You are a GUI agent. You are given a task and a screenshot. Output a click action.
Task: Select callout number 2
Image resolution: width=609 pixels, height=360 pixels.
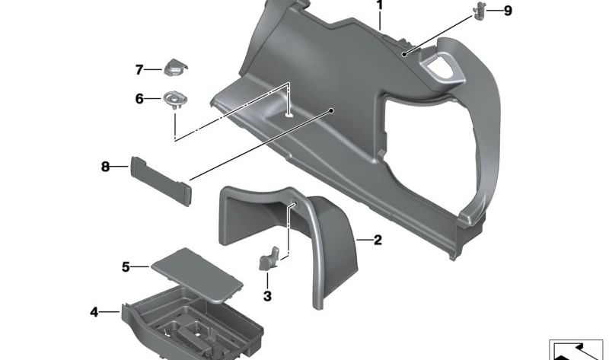(378, 241)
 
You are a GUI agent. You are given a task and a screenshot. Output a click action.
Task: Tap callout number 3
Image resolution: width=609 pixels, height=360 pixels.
(267, 295)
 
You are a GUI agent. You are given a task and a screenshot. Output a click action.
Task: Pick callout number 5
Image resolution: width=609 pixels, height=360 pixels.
(126, 266)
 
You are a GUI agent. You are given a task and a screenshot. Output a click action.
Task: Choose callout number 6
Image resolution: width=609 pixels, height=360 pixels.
(139, 99)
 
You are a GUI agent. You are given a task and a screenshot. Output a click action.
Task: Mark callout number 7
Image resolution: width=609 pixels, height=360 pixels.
(139, 70)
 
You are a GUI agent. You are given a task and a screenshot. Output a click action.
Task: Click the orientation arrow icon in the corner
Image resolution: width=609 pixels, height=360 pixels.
(577, 349)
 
